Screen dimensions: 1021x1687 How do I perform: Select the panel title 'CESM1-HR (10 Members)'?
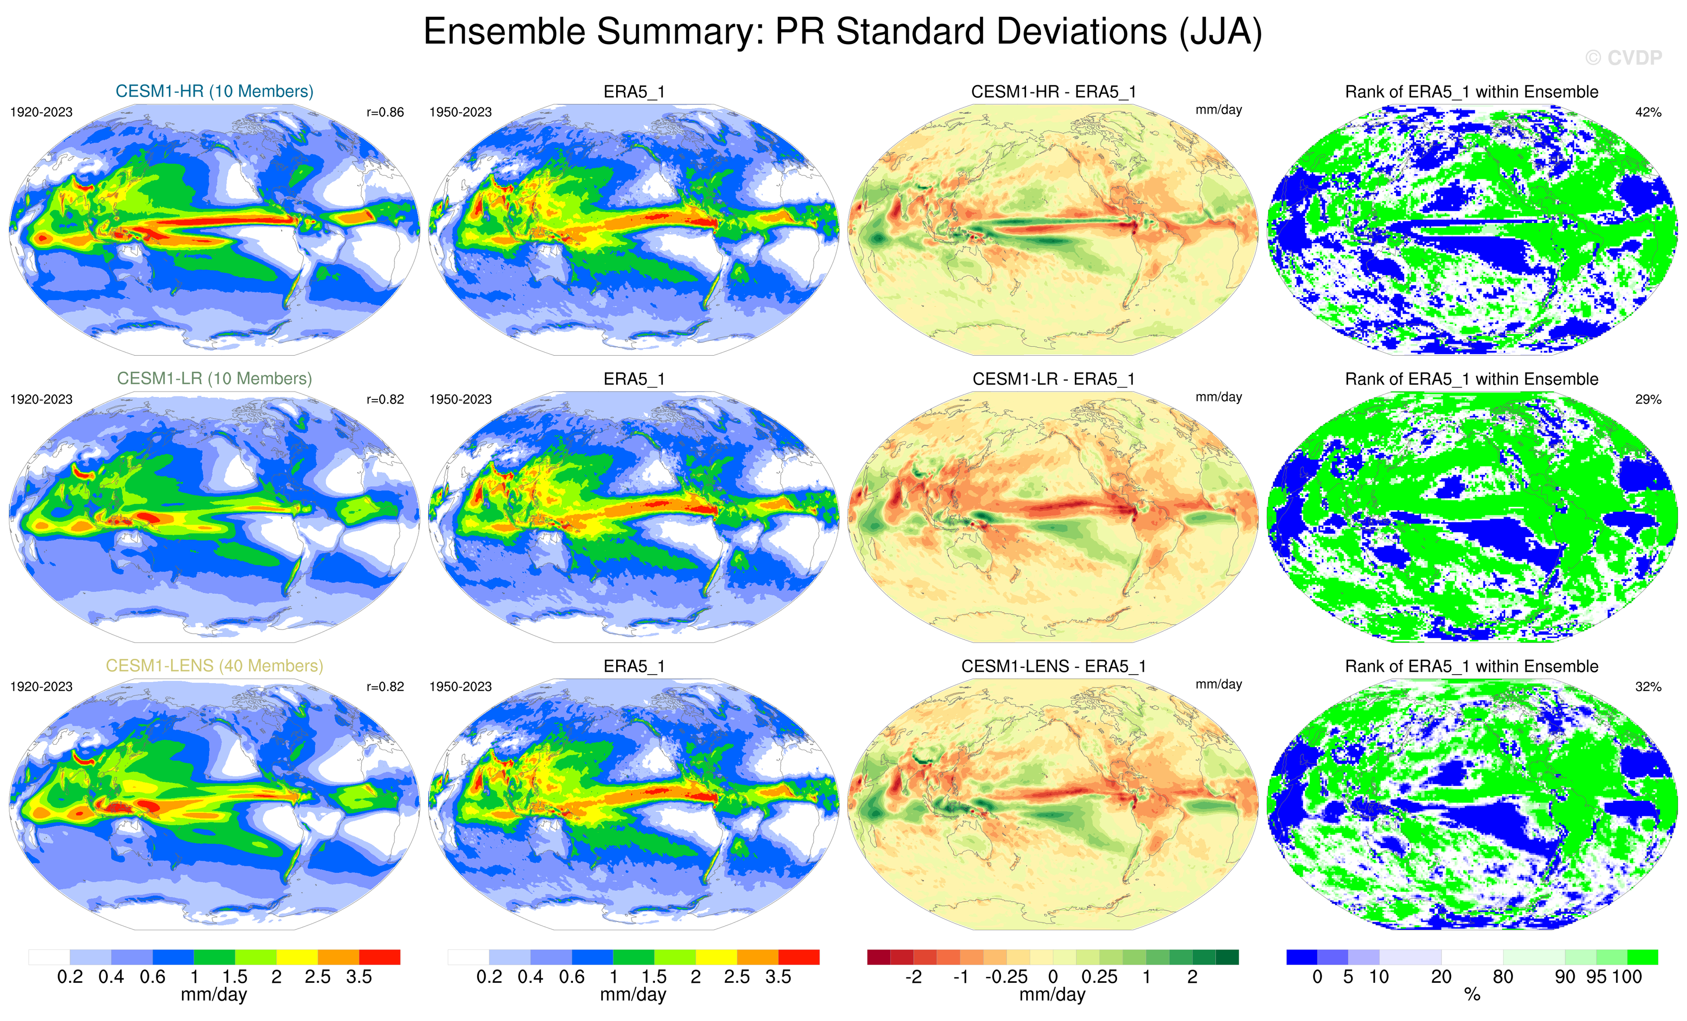point(214,91)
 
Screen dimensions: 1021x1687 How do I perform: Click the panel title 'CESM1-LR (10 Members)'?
point(214,378)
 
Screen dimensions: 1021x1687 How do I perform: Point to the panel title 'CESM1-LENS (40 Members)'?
point(214,666)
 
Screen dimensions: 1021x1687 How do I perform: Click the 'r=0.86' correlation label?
point(385,112)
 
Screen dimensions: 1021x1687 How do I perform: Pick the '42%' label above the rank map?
point(1648,112)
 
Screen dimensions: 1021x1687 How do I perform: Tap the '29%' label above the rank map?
point(1648,399)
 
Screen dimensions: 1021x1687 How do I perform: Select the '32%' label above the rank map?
point(1648,687)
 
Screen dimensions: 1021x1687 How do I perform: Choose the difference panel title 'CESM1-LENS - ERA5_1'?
point(1053,666)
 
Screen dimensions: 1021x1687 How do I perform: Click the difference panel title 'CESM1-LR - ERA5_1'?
point(1053,379)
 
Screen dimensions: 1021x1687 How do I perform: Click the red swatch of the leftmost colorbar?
point(379,956)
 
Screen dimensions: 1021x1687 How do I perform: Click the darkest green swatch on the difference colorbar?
point(1227,956)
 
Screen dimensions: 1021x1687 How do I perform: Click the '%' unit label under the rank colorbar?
point(1472,995)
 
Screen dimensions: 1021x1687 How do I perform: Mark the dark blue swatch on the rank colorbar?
point(1301,956)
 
